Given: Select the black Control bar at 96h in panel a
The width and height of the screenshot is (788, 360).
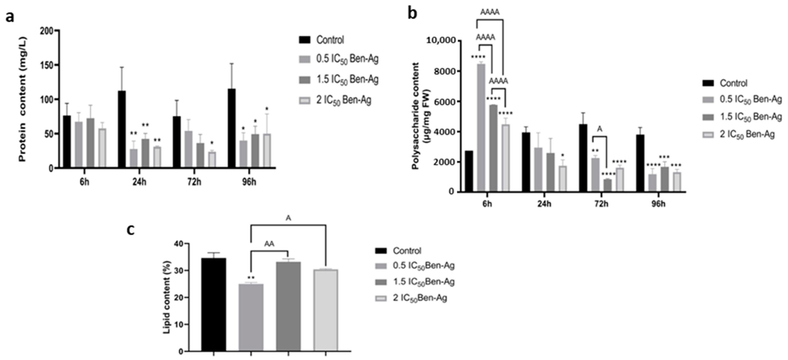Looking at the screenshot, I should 232,128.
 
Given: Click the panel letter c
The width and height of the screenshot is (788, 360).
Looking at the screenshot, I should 131,230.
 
